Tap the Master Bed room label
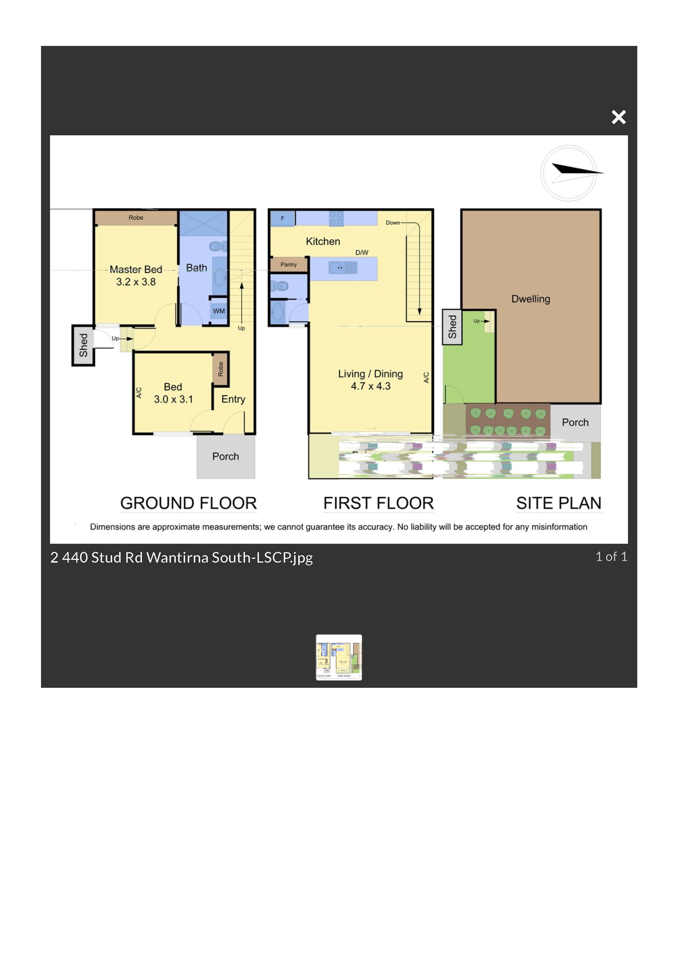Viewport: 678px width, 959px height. click(x=136, y=269)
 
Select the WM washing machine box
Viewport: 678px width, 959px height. click(x=218, y=311)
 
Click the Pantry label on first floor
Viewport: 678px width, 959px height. click(x=289, y=264)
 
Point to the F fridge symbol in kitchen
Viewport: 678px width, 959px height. click(x=282, y=218)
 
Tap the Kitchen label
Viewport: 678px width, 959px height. click(x=323, y=241)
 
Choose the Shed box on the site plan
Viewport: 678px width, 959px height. click(x=452, y=327)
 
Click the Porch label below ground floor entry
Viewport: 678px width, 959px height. click(x=226, y=456)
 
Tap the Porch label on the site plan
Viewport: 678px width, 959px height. click(x=575, y=422)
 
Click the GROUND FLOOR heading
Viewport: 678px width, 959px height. click(x=188, y=503)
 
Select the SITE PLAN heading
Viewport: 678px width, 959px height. click(x=559, y=503)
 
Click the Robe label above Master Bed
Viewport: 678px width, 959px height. click(x=136, y=218)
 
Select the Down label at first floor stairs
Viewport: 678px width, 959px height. click(x=393, y=223)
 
